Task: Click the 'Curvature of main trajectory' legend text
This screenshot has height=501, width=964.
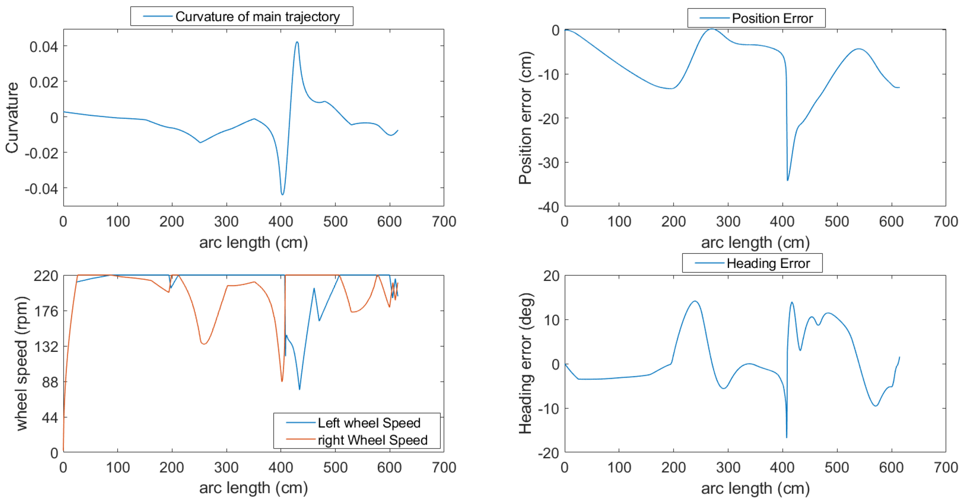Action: click(x=257, y=16)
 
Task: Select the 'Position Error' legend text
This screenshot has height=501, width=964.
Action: click(x=772, y=18)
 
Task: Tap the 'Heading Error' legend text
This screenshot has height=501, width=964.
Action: click(x=768, y=264)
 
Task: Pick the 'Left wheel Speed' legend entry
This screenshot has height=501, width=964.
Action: click(x=369, y=423)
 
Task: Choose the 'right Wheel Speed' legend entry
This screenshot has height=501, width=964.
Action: click(x=372, y=440)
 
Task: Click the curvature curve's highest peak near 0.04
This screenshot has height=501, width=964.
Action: click(x=297, y=42)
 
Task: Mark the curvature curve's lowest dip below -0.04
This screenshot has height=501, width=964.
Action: click(x=282, y=194)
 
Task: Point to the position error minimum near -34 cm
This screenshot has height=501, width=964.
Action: click(x=787, y=180)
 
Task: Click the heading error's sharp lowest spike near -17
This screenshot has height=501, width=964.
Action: click(x=786, y=437)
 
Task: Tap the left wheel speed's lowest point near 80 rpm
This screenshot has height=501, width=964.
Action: click(x=300, y=389)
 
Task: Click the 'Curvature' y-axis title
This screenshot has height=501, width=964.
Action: click(x=12, y=118)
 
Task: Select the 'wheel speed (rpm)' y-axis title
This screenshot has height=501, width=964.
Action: click(x=22, y=364)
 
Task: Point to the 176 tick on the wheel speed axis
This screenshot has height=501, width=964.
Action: click(x=46, y=311)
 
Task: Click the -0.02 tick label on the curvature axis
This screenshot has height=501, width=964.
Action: click(x=41, y=153)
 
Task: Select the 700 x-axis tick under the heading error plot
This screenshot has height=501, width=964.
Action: click(x=946, y=467)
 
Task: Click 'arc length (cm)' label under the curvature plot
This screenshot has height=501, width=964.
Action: click(x=253, y=242)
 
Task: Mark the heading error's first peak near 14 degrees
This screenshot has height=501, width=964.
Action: click(x=695, y=301)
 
